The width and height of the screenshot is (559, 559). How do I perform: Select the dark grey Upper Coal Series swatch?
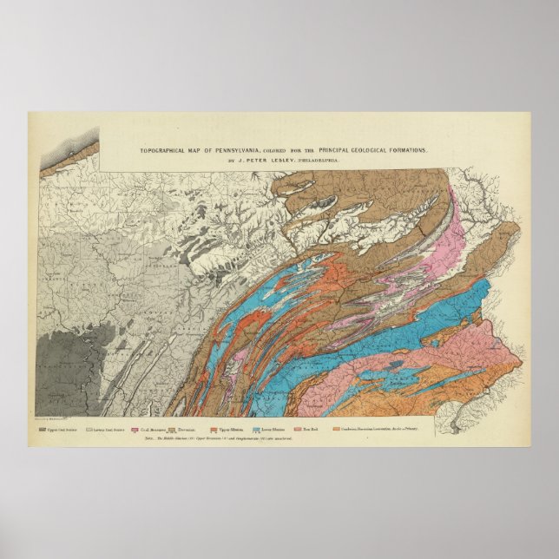(x=42, y=428)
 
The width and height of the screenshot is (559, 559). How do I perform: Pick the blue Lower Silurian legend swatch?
(x=257, y=428)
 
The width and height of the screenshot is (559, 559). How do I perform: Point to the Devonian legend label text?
(x=190, y=428)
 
